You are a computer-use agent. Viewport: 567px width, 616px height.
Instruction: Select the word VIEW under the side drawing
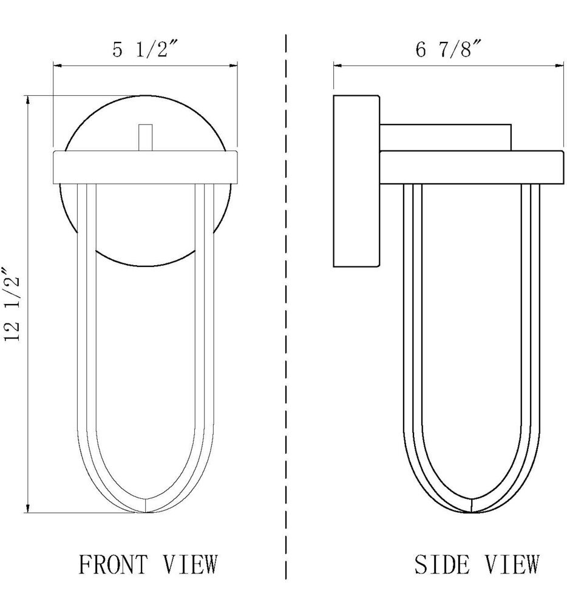pyautogui.click(x=511, y=564)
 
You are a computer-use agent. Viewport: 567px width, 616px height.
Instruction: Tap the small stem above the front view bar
pyautogui.click(x=145, y=137)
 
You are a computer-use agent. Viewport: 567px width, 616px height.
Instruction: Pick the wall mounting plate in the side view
pyautogui.click(x=356, y=181)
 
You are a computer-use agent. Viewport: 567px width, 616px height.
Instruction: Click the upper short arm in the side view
pyautogui.click(x=445, y=137)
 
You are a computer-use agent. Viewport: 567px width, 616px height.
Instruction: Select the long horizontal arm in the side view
pyautogui.click(x=472, y=166)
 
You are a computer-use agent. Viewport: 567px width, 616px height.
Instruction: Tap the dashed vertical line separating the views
pyautogui.click(x=285, y=303)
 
